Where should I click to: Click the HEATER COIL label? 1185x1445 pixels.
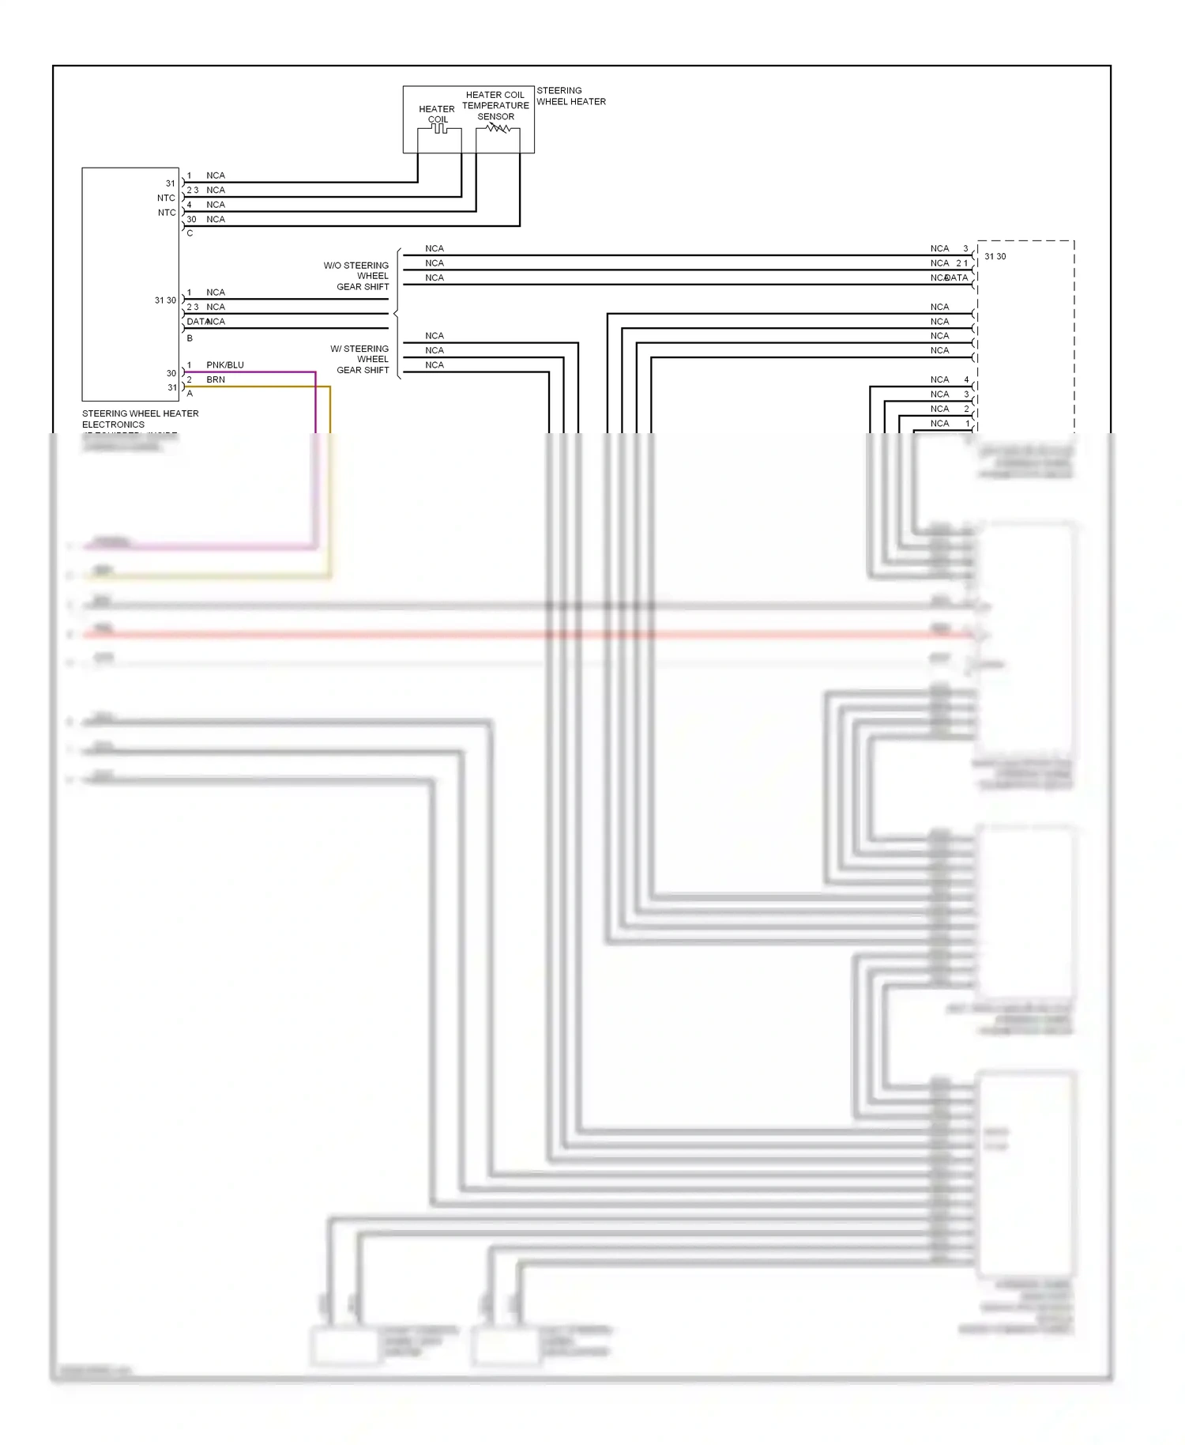[437, 114]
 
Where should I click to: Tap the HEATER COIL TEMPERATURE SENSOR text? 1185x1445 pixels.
[495, 105]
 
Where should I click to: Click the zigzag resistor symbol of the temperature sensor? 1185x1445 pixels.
[497, 128]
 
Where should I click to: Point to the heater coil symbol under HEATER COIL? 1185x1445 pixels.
[439, 128]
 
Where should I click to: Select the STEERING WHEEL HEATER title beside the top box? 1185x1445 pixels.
[571, 96]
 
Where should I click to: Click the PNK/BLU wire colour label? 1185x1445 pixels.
[225, 364]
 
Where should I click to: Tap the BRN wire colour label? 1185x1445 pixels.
[216, 379]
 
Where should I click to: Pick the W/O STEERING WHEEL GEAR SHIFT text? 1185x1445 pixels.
[356, 276]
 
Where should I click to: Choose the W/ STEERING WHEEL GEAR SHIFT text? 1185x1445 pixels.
[360, 359]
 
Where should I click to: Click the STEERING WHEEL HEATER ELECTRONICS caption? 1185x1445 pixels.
[140, 418]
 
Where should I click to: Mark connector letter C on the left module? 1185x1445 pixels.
[190, 233]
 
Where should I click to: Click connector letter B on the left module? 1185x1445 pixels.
[190, 338]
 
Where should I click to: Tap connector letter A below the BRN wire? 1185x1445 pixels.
[190, 393]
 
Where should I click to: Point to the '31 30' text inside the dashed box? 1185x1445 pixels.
[995, 256]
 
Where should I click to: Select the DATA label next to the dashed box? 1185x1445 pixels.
[957, 277]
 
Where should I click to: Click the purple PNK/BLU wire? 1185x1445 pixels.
[315, 403]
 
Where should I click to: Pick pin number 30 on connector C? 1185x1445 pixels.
[191, 219]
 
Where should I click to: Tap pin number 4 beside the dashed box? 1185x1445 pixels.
[966, 379]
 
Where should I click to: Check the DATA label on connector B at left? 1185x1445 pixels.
[196, 322]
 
